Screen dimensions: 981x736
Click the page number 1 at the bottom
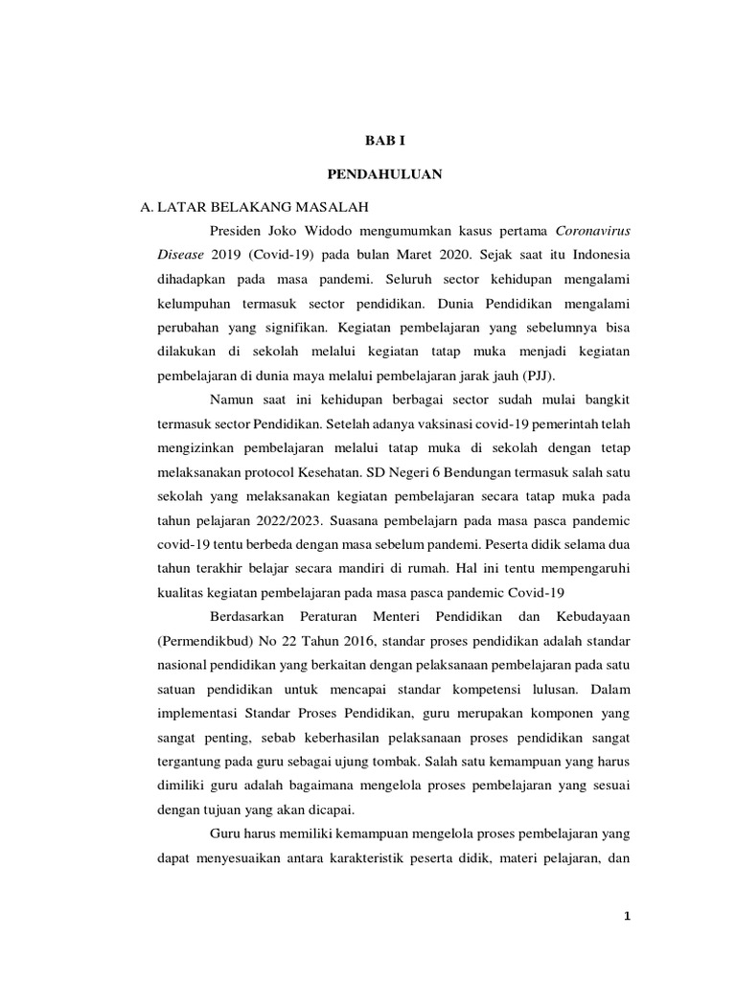626,917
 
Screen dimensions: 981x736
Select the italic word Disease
180,257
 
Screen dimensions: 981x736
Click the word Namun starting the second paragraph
234,398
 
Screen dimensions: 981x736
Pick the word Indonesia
597,257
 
